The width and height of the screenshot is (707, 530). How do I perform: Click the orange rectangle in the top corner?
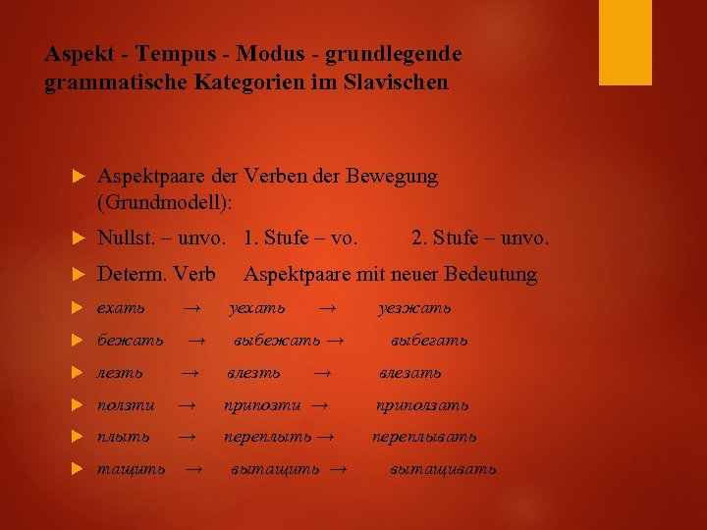(625, 42)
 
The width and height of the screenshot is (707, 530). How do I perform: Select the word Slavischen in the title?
(397, 83)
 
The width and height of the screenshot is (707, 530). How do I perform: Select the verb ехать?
(121, 308)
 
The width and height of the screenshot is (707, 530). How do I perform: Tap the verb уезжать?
(415, 308)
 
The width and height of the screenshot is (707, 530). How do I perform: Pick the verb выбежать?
(277, 341)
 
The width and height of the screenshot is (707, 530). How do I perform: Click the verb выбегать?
(429, 341)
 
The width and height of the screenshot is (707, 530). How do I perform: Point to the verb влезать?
(410, 373)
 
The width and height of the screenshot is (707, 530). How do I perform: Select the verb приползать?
(423, 404)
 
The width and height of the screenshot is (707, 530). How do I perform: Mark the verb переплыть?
(267, 437)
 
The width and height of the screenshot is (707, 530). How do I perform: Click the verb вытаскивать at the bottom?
(442, 469)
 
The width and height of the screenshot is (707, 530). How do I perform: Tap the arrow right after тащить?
(194, 469)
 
